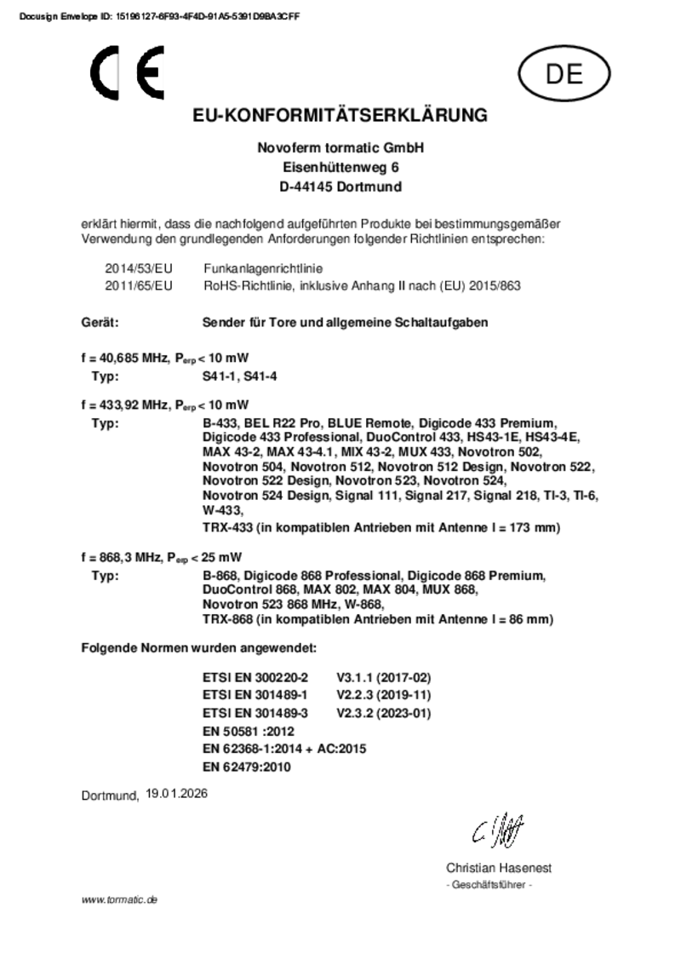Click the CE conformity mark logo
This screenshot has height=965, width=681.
tap(129, 74)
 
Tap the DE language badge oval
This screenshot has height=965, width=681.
tap(564, 75)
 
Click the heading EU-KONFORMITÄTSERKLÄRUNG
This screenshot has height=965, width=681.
tap(340, 116)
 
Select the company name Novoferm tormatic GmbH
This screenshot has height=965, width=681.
tap(340, 147)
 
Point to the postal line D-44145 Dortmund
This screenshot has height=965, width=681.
tap(340, 187)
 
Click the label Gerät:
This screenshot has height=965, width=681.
tap(99, 323)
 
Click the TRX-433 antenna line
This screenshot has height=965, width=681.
tap(381, 528)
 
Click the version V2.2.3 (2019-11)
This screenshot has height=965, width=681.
tap(385, 695)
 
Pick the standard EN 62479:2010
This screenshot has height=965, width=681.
tap(247, 767)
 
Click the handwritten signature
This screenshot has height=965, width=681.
tap(498, 827)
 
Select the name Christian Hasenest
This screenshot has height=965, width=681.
tap(499, 868)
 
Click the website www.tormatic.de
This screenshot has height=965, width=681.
tap(120, 899)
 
